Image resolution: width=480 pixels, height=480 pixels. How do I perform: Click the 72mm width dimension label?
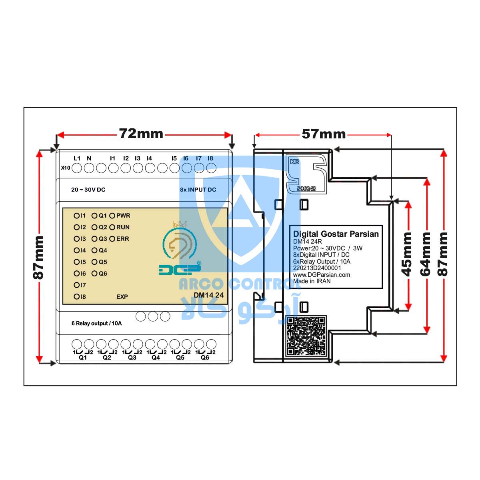[x=141, y=134]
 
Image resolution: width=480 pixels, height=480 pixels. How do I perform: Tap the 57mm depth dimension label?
[x=323, y=134]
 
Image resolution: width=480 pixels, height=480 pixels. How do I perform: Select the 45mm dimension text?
[x=407, y=254]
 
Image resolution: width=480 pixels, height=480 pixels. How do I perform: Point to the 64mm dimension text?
[x=425, y=254]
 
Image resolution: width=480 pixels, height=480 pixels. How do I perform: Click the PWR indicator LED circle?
[x=112, y=216]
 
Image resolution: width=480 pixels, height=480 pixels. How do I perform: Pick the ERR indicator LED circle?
[x=112, y=239]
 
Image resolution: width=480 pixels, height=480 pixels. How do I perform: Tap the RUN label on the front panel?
[x=123, y=227]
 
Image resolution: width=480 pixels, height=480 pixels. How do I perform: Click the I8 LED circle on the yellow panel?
[x=76, y=297]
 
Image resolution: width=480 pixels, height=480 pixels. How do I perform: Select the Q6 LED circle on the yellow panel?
[x=94, y=274]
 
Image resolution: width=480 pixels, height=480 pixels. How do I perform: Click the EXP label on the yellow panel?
[x=122, y=297]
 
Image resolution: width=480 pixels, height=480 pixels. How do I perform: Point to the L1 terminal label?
[x=77, y=158]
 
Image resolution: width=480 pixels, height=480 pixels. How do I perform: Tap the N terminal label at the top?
[x=89, y=158]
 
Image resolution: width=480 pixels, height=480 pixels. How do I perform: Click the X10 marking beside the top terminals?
[x=66, y=168]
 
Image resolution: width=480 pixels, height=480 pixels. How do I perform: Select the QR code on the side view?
[x=306, y=336]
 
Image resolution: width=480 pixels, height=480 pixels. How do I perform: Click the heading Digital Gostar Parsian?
[x=336, y=234]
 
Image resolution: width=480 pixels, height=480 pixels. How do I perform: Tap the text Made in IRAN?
[x=312, y=281]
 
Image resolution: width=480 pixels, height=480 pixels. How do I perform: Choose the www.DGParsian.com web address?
[x=322, y=274]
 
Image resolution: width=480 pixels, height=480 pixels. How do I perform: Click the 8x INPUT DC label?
[x=198, y=190]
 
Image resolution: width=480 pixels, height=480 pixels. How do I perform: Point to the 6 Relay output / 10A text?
[x=97, y=323]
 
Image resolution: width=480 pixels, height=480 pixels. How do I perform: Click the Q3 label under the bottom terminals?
[x=132, y=358]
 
